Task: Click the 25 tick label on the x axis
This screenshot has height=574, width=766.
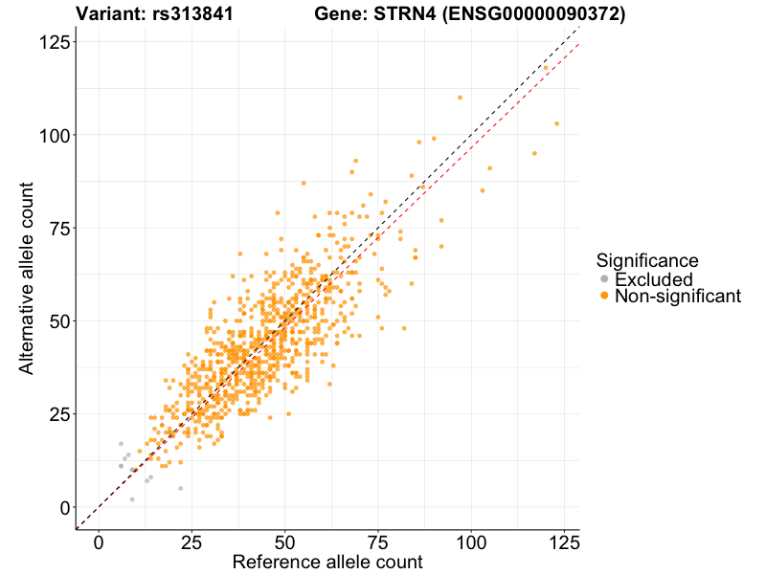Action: coord(191,541)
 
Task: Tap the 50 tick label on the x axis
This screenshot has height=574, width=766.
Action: coord(284,541)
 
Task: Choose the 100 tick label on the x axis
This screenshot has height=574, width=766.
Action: coord(470,541)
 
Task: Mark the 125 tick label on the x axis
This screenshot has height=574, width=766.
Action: coord(563,541)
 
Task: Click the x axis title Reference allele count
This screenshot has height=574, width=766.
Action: coord(327,563)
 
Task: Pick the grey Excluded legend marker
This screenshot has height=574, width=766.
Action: coord(604,278)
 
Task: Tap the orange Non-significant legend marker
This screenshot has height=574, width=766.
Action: coord(604,297)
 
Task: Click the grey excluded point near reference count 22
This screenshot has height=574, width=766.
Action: coord(180,488)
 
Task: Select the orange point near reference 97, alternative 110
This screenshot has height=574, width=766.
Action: coord(460,98)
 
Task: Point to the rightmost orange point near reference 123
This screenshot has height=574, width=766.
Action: coord(556,123)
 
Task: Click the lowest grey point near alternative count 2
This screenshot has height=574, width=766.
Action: coord(132,499)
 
